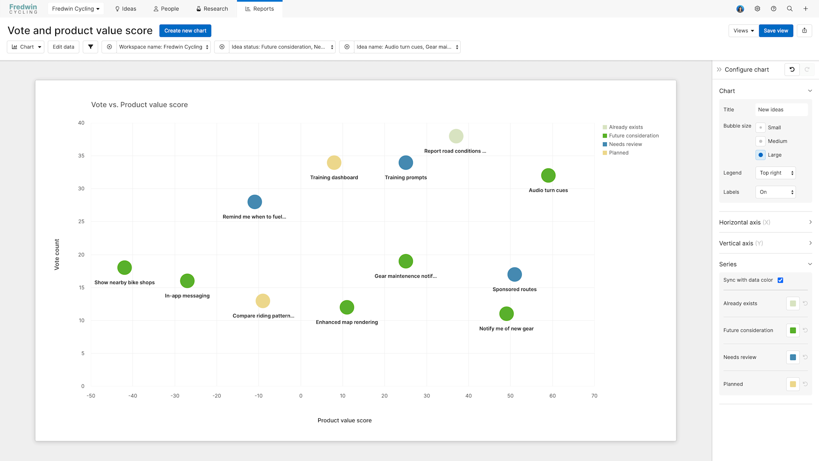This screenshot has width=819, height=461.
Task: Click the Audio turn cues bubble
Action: tap(548, 175)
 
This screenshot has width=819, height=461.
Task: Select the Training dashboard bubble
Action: tap(334, 163)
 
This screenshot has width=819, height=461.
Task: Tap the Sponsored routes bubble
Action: tap(514, 275)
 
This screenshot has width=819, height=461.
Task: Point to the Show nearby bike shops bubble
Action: tap(124, 268)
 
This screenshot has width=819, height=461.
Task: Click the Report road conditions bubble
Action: tap(456, 136)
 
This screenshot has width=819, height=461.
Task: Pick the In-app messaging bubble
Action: tap(187, 281)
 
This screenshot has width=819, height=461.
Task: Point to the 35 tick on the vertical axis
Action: tap(81, 156)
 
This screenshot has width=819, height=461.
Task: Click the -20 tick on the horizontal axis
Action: tap(217, 396)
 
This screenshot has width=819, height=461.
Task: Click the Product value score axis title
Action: tap(344, 420)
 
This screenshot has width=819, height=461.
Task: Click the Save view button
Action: tap(776, 31)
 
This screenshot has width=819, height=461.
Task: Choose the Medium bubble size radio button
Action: tap(760, 141)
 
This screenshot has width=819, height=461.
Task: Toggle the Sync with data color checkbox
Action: tap(781, 280)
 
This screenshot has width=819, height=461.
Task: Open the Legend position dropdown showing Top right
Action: tap(775, 173)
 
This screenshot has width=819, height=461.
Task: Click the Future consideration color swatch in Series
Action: tap(793, 330)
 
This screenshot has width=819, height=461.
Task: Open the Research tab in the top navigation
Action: tap(212, 9)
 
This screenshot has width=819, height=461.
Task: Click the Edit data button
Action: tap(63, 47)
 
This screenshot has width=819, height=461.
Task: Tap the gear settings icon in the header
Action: tap(757, 9)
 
